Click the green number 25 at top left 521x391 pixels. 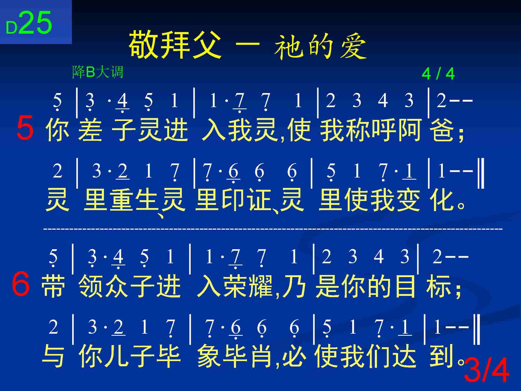pos(35,23)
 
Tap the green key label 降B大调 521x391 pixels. pos(97,72)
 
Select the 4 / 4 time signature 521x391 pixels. pos(438,74)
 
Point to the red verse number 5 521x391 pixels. pos(25,128)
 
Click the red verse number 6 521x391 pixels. pos(21,284)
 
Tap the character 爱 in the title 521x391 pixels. pos(353,48)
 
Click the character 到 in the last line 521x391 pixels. pos(441,356)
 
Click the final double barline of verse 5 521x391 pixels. pos(481,174)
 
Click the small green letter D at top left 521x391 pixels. pos(11,28)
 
